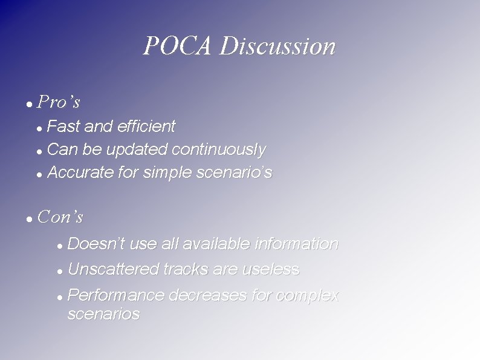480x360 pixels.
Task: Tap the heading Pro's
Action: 59,102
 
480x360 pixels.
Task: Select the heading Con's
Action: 60,217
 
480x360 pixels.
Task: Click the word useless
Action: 271,269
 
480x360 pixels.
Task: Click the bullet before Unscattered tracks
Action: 59,270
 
